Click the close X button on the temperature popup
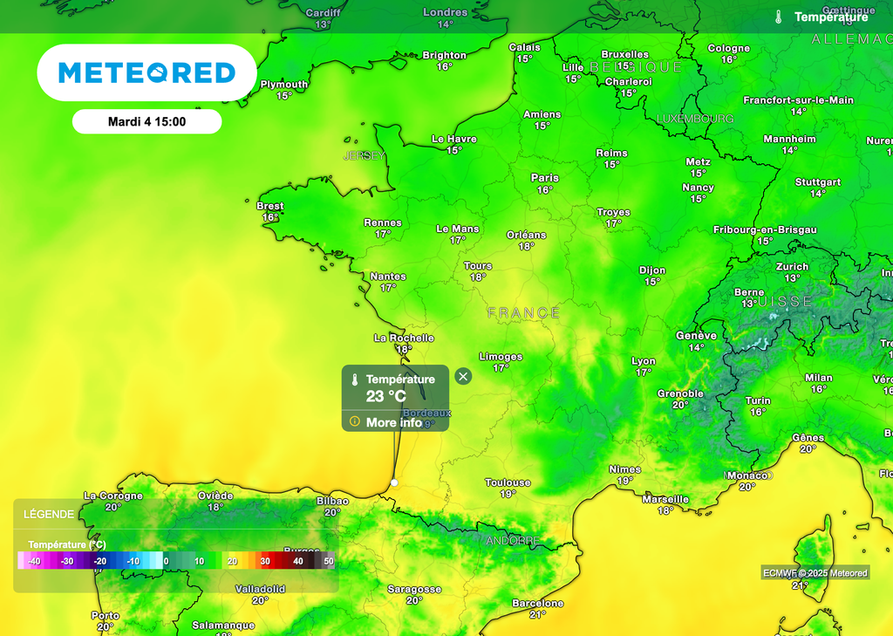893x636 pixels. pos(463,376)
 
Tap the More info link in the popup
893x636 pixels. pos(393,422)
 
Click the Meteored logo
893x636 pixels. pos(147,72)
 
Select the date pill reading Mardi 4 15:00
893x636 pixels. pos(147,122)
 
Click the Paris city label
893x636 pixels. pos(545,178)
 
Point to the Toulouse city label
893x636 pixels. pos(508,482)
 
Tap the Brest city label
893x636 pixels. pos(270,207)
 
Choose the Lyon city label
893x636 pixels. pos(644,361)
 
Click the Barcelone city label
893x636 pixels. pos(538,604)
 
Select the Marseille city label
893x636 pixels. pos(665,500)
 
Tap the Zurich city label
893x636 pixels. pos(792,267)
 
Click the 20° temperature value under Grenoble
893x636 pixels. pos(680,405)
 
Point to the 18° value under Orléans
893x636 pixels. pos(526,247)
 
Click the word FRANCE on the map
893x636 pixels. pos(523,312)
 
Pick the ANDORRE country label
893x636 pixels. pos(513,541)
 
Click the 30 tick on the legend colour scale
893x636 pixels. pos(265,562)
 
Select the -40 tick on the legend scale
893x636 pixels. pos(34,562)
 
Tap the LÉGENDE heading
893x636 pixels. pos(49,515)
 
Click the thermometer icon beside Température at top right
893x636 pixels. pos(778,17)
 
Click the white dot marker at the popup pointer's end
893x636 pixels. pos(394,482)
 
